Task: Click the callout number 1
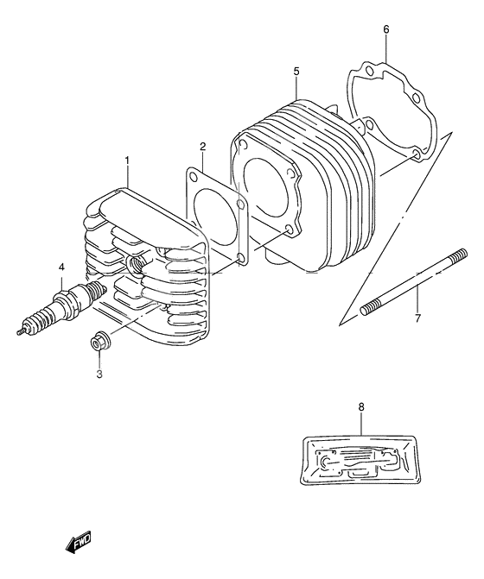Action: coord(126,161)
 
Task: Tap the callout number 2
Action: coord(202,147)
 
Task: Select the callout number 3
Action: coord(99,374)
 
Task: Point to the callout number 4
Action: coord(61,267)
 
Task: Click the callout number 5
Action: coord(296,72)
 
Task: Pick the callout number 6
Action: coord(386,29)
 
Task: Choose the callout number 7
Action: coord(417,318)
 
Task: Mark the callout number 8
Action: coord(361,407)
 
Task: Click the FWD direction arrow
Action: coord(78,544)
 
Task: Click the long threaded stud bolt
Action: coord(414,282)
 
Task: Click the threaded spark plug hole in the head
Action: coord(136,263)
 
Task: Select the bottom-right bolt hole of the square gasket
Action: coord(242,259)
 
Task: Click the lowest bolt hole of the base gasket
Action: coord(416,154)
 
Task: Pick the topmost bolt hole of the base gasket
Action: coord(368,71)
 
